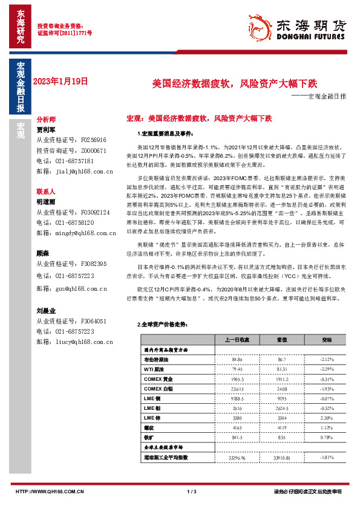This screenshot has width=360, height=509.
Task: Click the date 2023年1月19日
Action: point(60,80)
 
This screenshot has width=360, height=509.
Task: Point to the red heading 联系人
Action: point(46,190)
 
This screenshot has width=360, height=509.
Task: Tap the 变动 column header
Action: point(326,340)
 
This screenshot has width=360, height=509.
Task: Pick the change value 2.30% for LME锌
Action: point(327,418)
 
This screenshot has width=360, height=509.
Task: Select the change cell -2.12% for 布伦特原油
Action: point(327,360)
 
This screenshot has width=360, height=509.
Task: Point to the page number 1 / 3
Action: point(192,491)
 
